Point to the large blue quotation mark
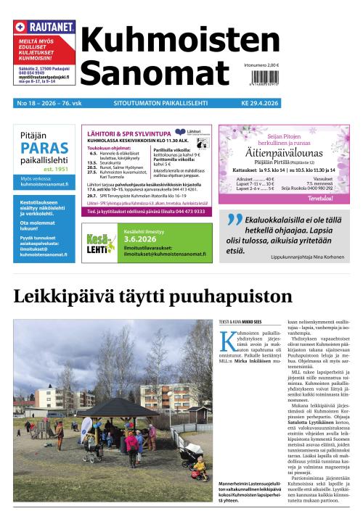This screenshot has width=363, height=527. [x=233, y=223]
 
